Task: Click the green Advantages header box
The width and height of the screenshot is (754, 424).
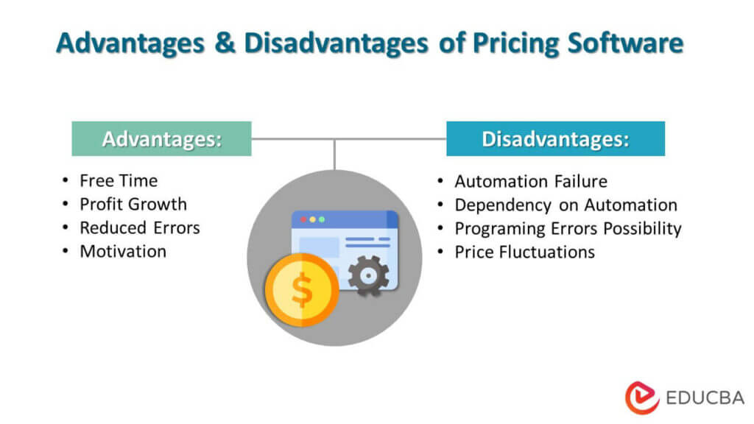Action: pos(161,138)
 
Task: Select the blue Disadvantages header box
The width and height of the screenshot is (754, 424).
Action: pos(555,138)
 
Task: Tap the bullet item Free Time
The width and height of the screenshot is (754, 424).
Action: pos(119,180)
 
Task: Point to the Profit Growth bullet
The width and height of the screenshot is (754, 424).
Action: pos(133,204)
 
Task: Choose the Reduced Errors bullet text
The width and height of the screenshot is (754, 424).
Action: pos(140,227)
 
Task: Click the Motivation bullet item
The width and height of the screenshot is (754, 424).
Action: pos(123,251)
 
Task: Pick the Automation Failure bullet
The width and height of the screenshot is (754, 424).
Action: pos(531,181)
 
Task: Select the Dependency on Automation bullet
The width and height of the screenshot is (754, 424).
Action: pos(565,205)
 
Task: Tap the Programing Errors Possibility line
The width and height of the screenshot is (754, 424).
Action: pos(568,228)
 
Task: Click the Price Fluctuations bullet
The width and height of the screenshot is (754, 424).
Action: pos(524,252)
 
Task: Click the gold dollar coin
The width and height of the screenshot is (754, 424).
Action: pos(301,289)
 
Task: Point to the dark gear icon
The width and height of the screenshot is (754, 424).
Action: pos(368,275)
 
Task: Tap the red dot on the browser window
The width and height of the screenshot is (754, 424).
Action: pos(302,219)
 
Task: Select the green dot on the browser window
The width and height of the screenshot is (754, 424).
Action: pos(322,219)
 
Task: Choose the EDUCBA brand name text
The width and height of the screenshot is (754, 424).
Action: pos(702,398)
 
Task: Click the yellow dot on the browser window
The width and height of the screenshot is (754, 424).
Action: pos(312,219)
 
